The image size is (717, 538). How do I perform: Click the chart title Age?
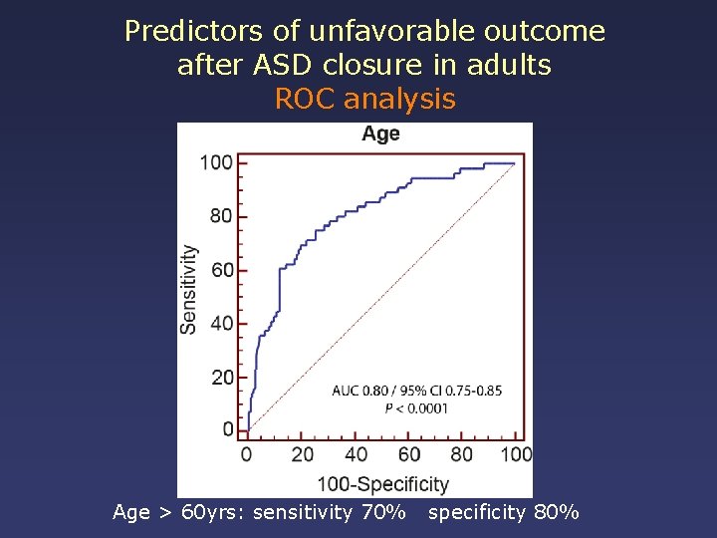pyautogui.click(x=380, y=134)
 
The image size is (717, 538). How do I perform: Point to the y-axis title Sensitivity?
pyautogui.click(x=188, y=289)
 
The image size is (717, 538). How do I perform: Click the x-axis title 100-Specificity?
pyautogui.click(x=382, y=484)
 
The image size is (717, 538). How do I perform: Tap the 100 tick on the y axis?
pyautogui.click(x=216, y=162)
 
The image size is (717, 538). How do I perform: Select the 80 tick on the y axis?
pyautogui.click(x=221, y=216)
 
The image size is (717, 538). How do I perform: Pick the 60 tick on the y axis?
pyautogui.click(x=221, y=270)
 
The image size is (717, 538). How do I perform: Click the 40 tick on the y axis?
pyautogui.click(x=221, y=324)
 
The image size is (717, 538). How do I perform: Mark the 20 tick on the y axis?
pyautogui.click(x=221, y=378)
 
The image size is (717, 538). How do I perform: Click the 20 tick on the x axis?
pyautogui.click(x=302, y=454)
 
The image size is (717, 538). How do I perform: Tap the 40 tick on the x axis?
pyautogui.click(x=356, y=454)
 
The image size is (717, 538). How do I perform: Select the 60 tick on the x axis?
pyautogui.click(x=409, y=454)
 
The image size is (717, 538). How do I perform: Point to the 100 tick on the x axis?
pyautogui.click(x=516, y=454)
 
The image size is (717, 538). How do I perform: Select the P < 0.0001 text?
pyautogui.click(x=416, y=407)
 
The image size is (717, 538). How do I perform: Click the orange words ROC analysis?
pyautogui.click(x=364, y=99)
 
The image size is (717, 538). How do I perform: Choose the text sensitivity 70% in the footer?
pyautogui.click(x=330, y=513)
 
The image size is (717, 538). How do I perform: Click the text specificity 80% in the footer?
pyautogui.click(x=503, y=513)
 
